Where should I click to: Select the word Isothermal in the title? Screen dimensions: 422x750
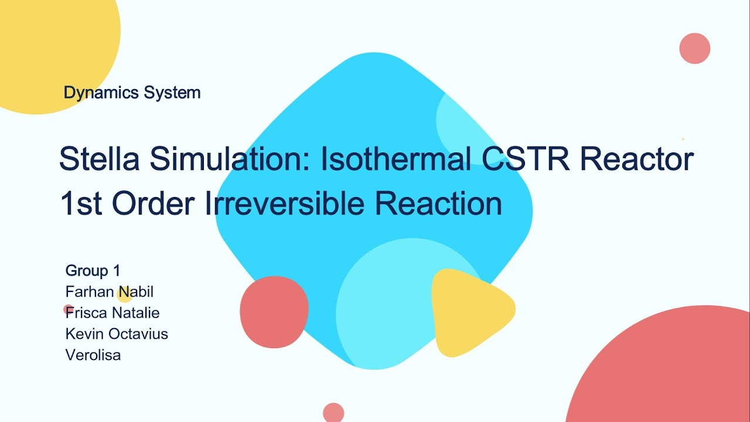coord(396,159)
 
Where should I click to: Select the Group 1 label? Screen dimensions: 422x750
coord(93,271)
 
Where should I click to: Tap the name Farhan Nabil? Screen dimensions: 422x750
coord(109,292)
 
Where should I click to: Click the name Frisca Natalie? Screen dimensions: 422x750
coord(112,313)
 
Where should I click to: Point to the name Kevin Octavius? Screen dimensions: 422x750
coord(117,334)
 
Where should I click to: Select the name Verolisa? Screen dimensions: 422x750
coord(93,355)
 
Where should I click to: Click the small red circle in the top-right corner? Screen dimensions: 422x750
coord(694,49)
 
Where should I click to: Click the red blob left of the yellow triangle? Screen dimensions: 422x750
coord(274,311)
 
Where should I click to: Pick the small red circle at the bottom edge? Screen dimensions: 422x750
coord(333,413)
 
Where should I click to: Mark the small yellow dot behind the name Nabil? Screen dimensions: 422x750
coord(124,295)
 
